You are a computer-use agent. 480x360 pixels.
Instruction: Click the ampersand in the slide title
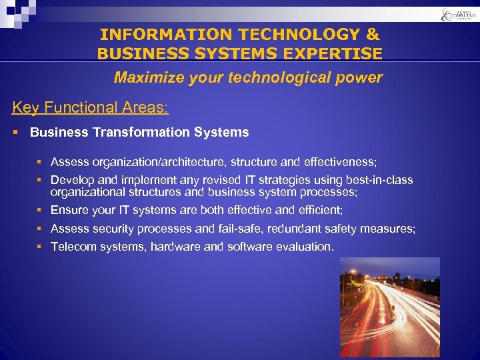(373, 34)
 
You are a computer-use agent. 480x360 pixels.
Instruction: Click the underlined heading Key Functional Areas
(90, 107)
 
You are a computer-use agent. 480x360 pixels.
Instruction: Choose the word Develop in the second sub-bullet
(71, 180)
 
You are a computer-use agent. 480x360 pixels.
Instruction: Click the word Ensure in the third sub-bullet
(69, 210)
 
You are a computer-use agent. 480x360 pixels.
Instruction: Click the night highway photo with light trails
(389, 307)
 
